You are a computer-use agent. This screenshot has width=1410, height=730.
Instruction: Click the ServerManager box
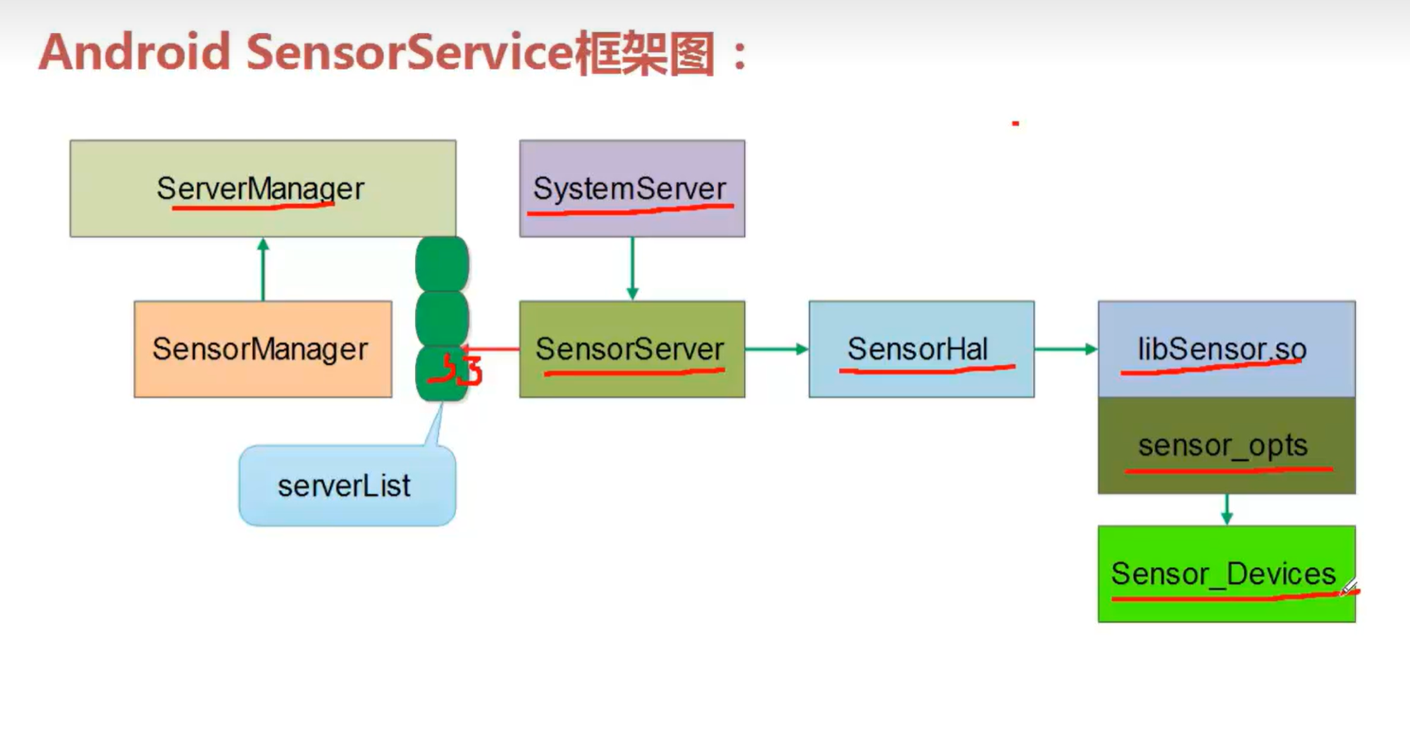tap(263, 188)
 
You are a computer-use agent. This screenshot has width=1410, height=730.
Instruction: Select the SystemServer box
tap(631, 188)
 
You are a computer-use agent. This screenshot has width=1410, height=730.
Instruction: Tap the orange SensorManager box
tap(263, 349)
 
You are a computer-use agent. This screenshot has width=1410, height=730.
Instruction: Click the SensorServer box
tap(631, 349)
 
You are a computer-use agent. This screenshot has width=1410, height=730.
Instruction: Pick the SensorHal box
tap(921, 349)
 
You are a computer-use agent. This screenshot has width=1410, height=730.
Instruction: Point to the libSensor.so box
tap(1226, 349)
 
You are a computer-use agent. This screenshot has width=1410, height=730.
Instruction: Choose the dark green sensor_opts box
tap(1226, 446)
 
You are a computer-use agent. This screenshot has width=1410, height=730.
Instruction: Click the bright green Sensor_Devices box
tap(1226, 574)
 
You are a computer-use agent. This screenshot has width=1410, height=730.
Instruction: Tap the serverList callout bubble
tap(347, 485)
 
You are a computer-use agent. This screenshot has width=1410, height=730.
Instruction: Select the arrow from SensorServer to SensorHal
tap(776, 349)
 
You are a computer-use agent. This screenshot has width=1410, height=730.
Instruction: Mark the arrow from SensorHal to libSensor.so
tap(1066, 349)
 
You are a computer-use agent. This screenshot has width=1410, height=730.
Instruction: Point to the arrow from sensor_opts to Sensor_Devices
tap(1227, 509)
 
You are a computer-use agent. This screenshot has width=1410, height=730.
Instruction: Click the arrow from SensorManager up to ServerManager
tap(263, 269)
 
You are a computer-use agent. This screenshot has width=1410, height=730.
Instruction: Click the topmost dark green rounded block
tap(442, 264)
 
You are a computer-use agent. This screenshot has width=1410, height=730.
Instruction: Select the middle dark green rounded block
tap(442, 318)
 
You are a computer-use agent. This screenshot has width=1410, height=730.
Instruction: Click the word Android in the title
tap(134, 52)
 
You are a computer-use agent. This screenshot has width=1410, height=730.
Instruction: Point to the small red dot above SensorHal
tap(1015, 123)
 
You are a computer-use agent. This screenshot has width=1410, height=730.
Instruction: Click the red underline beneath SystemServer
tap(629, 210)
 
